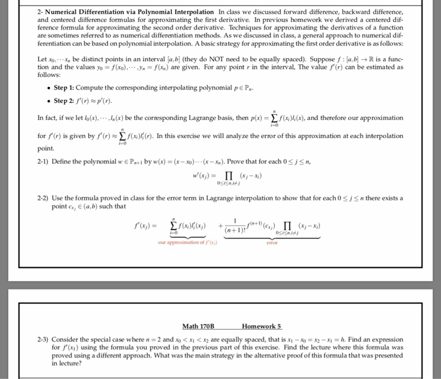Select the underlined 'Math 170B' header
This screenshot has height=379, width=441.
pyautogui.click(x=198, y=326)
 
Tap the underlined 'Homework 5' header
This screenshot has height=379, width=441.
pyautogui.click(x=261, y=326)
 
